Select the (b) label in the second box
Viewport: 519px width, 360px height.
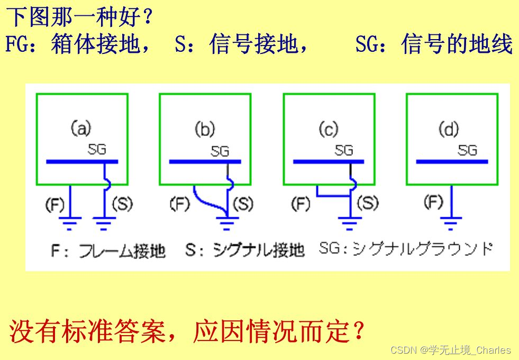[205, 130]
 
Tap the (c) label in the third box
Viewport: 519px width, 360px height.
[329, 128]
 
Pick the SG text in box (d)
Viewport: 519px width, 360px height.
[467, 150]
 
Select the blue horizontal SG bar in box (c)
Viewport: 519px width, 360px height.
[329, 162]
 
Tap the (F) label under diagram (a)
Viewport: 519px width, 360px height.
[55, 205]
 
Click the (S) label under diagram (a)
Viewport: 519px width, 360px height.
[122, 205]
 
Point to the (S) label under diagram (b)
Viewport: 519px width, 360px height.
[243, 204]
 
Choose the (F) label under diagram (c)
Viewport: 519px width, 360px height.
[301, 204]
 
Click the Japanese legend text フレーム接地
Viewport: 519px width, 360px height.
[122, 250]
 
